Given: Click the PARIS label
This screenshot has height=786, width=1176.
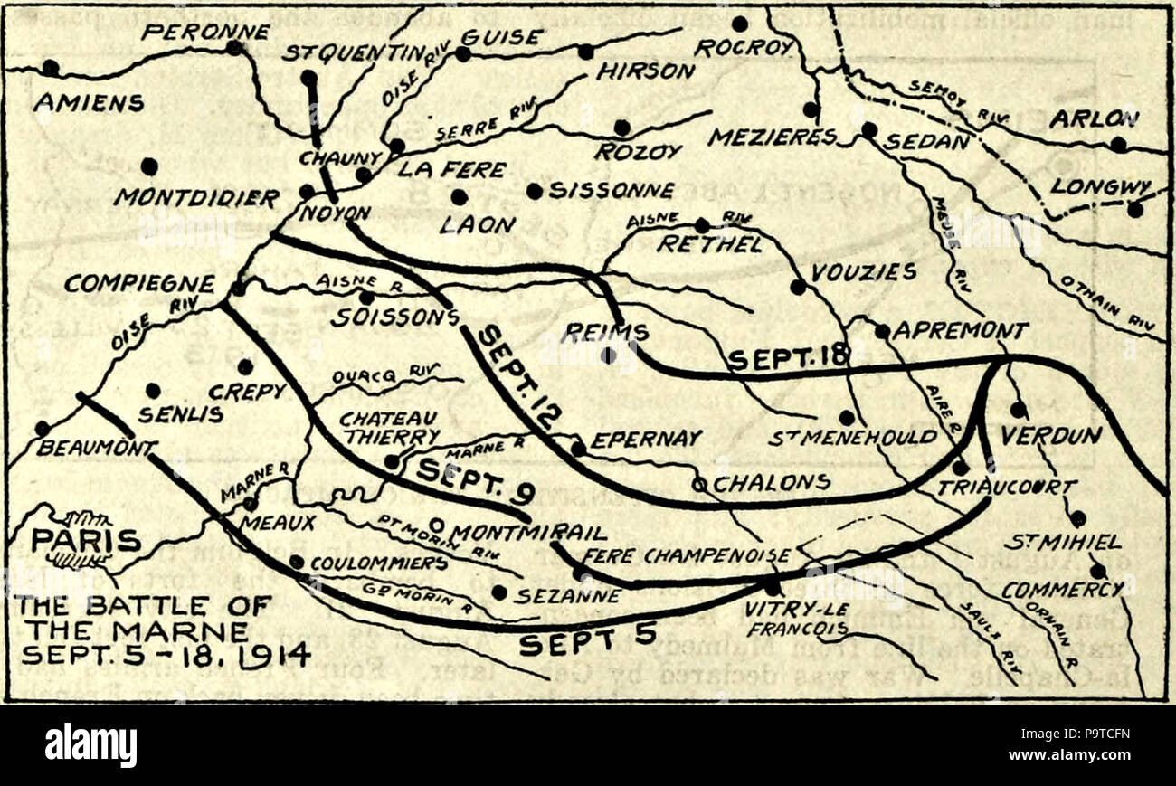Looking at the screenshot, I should click(x=87, y=540).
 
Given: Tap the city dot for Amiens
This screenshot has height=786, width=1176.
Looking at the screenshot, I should click(x=50, y=68).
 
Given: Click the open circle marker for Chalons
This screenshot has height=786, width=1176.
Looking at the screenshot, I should click(x=698, y=484).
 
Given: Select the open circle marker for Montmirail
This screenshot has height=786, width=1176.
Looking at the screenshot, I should click(x=436, y=524).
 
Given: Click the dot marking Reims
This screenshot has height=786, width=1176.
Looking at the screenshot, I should click(x=608, y=355).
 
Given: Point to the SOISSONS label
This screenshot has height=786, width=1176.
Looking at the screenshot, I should click(x=390, y=317).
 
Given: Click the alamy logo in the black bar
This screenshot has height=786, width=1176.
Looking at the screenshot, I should click(x=90, y=746).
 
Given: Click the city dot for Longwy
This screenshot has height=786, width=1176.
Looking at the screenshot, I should click(x=1134, y=210).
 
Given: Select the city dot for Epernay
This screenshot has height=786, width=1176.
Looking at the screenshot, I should click(x=577, y=448).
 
